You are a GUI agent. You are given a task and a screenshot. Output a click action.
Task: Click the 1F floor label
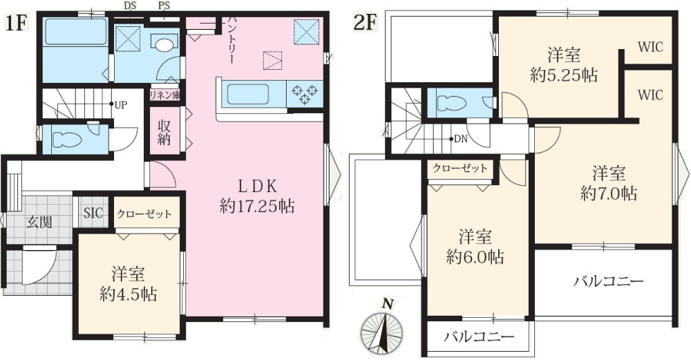click(17, 21)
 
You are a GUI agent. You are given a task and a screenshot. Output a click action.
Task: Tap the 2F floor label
click(365, 21)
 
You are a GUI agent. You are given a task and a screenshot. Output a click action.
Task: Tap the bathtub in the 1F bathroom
click(75, 33)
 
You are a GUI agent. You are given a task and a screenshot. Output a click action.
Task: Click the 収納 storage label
click(164, 131)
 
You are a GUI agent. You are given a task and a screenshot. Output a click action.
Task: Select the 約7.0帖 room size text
click(609, 194)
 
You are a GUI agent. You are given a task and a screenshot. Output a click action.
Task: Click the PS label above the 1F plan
click(164, 6)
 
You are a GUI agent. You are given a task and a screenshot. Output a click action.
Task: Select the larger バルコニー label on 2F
click(608, 282)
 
